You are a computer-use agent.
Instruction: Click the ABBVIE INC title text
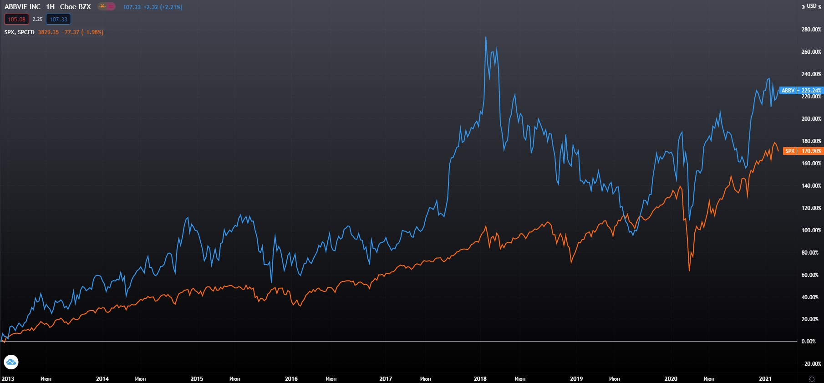click(22, 7)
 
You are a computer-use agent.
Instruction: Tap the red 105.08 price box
click(16, 19)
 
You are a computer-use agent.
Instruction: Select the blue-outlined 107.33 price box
click(58, 19)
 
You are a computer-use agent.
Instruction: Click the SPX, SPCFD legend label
click(19, 32)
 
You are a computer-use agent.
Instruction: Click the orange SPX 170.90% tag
click(803, 151)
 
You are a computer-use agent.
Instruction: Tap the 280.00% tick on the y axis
click(811, 30)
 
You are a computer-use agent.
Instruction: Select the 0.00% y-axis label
click(809, 342)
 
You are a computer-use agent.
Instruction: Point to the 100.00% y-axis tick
click(811, 230)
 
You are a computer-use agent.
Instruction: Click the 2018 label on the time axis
click(480, 379)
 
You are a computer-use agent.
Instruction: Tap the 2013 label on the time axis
click(8, 379)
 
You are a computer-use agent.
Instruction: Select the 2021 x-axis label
click(765, 379)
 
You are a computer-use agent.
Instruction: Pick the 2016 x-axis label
click(291, 379)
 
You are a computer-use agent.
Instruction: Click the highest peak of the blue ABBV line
click(486, 37)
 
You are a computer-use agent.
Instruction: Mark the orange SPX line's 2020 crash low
click(689, 271)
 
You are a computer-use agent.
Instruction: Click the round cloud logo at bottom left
click(11, 363)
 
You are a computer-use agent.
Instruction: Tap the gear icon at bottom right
click(812, 379)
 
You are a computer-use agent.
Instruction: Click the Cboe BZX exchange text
click(75, 7)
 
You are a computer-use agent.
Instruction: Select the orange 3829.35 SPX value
click(48, 32)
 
